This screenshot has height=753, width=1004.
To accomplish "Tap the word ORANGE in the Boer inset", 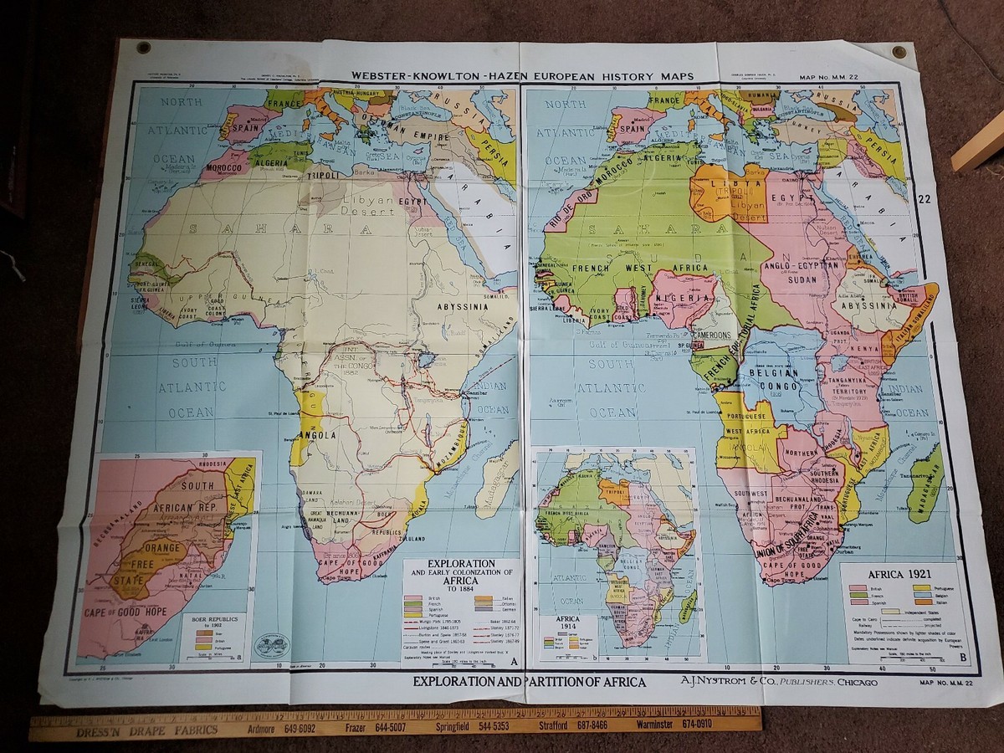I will coord(165,548).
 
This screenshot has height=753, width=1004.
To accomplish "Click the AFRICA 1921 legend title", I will coord(899,576).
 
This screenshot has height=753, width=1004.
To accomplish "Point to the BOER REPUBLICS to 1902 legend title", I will coord(213,624).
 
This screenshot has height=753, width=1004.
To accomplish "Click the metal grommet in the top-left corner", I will coord(143,47).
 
